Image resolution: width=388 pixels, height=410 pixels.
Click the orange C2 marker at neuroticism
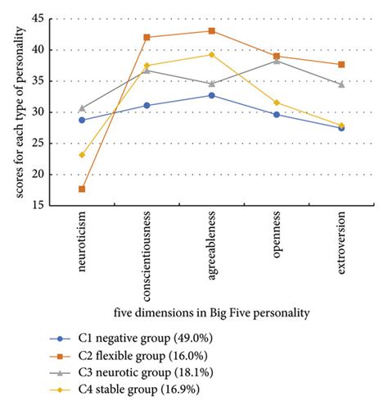pyautogui.click(x=82, y=189)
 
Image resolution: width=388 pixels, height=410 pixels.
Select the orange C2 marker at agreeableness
pyautogui.click(x=212, y=31)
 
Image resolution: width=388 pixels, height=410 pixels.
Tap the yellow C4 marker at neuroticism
pyautogui.click(x=82, y=155)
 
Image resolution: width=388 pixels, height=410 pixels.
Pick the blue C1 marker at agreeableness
pyautogui.click(x=212, y=95)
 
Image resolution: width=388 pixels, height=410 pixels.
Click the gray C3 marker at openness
pyautogui.click(x=277, y=61)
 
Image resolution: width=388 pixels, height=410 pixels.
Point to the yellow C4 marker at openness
pyautogui.click(x=277, y=102)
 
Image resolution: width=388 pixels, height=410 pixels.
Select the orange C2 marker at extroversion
pyautogui.click(x=341, y=64)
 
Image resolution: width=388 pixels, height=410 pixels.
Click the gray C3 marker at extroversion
pyautogui.click(x=341, y=84)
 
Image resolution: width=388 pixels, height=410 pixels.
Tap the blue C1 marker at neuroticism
pyautogui.click(x=82, y=120)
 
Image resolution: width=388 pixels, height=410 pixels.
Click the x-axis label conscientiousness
pyautogui.click(x=147, y=255)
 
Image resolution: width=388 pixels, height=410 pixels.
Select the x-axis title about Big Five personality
pyautogui.click(x=211, y=312)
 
